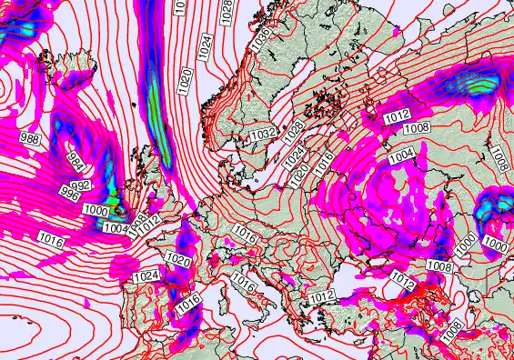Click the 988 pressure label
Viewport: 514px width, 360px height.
pos(30,138)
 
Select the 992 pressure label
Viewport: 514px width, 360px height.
pos(80,185)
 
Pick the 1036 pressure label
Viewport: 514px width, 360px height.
pos(262,39)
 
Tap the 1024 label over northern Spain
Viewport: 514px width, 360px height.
pos(146,275)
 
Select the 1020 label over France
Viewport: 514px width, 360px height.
pos(178,260)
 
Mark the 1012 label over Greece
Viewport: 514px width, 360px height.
pos(319,296)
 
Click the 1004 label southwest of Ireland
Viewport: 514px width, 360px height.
pos(117,228)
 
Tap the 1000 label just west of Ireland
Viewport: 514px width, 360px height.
pos(94,208)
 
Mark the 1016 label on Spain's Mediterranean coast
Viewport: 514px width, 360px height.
pos(188,307)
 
